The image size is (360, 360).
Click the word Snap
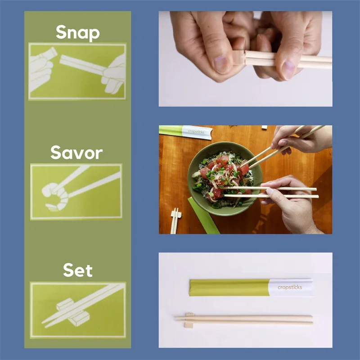pos(77,32)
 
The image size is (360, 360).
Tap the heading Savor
pos(76,153)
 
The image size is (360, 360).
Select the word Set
pos(77,270)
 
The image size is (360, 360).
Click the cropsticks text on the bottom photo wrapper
pos(290,288)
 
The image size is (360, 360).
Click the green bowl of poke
pos(220,180)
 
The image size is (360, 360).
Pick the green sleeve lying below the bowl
pos(203,216)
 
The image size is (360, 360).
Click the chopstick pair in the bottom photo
pos(247,320)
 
